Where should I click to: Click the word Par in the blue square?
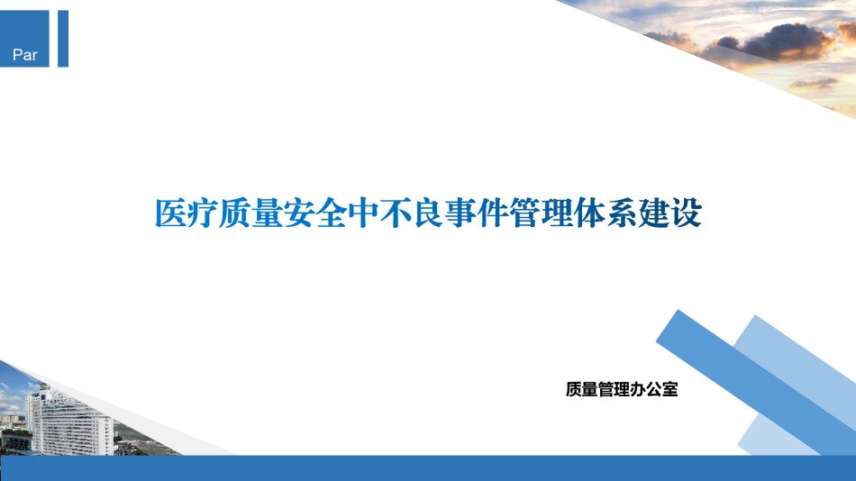tap(24, 55)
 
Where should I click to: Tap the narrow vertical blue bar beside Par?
tap(63, 38)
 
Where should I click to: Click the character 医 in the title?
tap(171, 213)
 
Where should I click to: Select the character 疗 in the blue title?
tap(203, 213)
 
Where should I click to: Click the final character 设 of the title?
tap(686, 213)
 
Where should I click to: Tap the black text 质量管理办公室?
tap(622, 389)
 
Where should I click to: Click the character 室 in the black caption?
tap(669, 389)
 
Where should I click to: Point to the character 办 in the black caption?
tap(638, 389)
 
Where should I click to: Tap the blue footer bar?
tap(428, 467)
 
